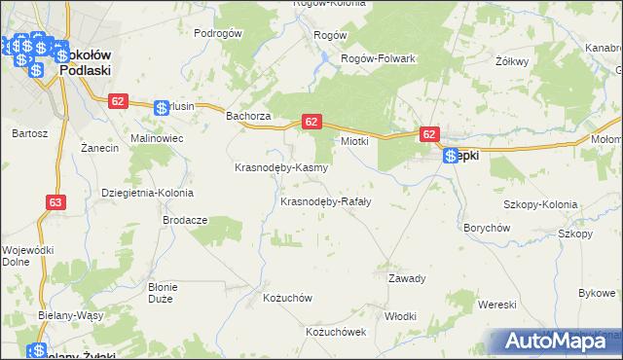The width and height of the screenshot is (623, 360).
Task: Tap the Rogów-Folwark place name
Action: tap(378, 58)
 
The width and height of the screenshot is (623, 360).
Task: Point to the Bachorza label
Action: tap(247, 117)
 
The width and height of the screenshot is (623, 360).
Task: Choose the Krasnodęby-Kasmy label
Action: tap(281, 167)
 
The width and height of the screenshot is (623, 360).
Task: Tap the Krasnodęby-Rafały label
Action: tap(326, 202)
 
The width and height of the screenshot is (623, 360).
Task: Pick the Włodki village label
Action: tap(400, 316)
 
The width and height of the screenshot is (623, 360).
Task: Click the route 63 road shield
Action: tap(55, 202)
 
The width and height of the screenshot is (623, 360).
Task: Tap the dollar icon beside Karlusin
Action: tap(163, 108)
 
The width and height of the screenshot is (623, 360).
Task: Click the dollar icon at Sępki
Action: tap(450, 156)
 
